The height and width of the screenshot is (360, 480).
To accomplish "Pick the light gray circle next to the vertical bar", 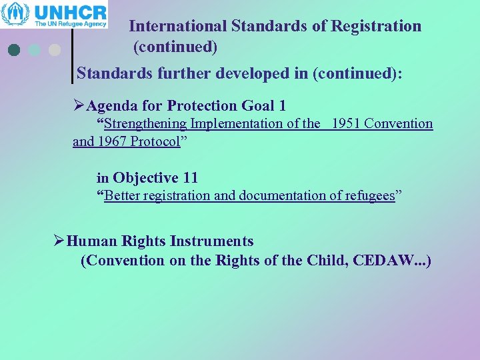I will point(55,50).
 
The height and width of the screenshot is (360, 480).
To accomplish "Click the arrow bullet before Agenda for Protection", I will point(79,105).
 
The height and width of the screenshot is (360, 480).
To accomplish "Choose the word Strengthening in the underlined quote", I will point(146,123).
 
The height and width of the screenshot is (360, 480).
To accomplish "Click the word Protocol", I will point(155,142).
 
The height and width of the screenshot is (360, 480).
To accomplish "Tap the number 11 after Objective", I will point(190,178).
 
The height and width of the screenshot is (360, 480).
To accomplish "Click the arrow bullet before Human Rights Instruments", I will point(60,241).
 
